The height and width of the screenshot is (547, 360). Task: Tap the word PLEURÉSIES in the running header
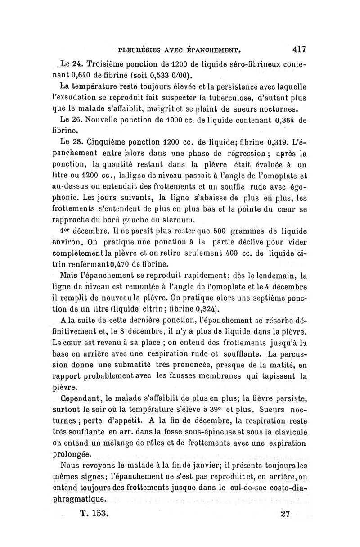click(x=139, y=46)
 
